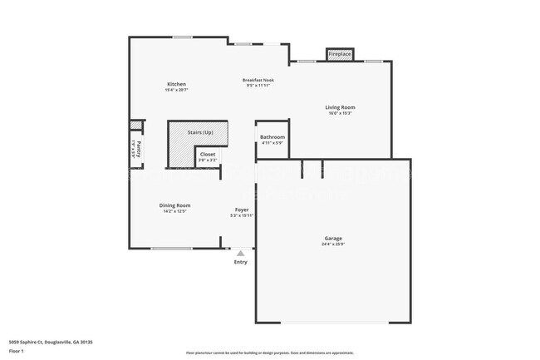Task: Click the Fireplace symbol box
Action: pos(340,54)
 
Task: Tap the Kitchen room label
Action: pos(176,84)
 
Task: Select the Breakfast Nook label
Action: pos(258,80)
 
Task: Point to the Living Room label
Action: pos(339,107)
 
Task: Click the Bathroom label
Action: pos(272,137)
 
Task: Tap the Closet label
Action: pos(208,154)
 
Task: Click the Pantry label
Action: pos(139,150)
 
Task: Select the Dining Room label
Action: pos(175,205)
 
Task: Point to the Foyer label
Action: pos(242,210)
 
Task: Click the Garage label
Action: pos(332,239)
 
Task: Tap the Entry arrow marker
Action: pos(241,253)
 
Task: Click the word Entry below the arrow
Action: pos(241,262)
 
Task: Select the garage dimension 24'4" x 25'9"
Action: pos(332,244)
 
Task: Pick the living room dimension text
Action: pos(339,113)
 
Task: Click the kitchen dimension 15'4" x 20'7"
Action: pos(176,90)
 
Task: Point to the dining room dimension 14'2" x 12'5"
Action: pos(175,211)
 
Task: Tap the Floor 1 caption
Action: pos(17,351)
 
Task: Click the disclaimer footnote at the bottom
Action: pos(269,353)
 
